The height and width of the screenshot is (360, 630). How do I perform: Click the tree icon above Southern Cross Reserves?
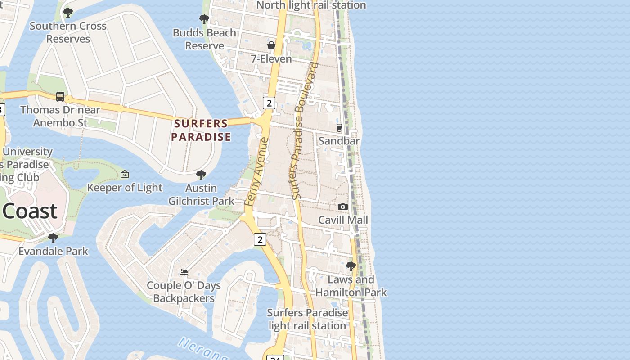coord(68,13)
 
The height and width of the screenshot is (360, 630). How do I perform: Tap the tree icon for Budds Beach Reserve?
coord(204,19)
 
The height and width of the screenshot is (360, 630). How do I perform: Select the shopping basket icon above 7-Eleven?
coord(271,45)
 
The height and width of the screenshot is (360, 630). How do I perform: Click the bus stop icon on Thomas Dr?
coord(60,96)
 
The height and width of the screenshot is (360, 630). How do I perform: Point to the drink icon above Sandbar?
coord(339,128)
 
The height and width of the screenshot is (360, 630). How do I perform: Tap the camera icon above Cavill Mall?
coord(343,207)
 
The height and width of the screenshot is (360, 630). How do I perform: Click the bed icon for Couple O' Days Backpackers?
coord(184,272)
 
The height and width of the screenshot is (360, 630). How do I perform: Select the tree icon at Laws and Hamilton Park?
coord(351,266)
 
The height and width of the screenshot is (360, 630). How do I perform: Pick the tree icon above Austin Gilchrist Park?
coord(201,175)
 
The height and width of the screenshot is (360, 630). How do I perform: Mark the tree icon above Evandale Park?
coord(53,238)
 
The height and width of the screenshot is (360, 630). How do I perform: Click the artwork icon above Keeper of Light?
coord(125,174)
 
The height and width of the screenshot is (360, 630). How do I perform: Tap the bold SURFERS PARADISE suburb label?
coord(201,130)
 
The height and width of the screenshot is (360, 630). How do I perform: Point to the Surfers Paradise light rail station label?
coord(307,319)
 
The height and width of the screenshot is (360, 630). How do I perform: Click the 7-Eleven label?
coord(271,59)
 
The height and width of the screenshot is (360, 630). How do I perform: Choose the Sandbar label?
coord(339,141)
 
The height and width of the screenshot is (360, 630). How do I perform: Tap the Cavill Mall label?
coord(343,220)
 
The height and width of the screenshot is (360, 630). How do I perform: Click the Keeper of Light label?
coord(125,188)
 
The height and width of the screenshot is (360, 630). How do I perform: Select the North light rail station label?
coord(311,5)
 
